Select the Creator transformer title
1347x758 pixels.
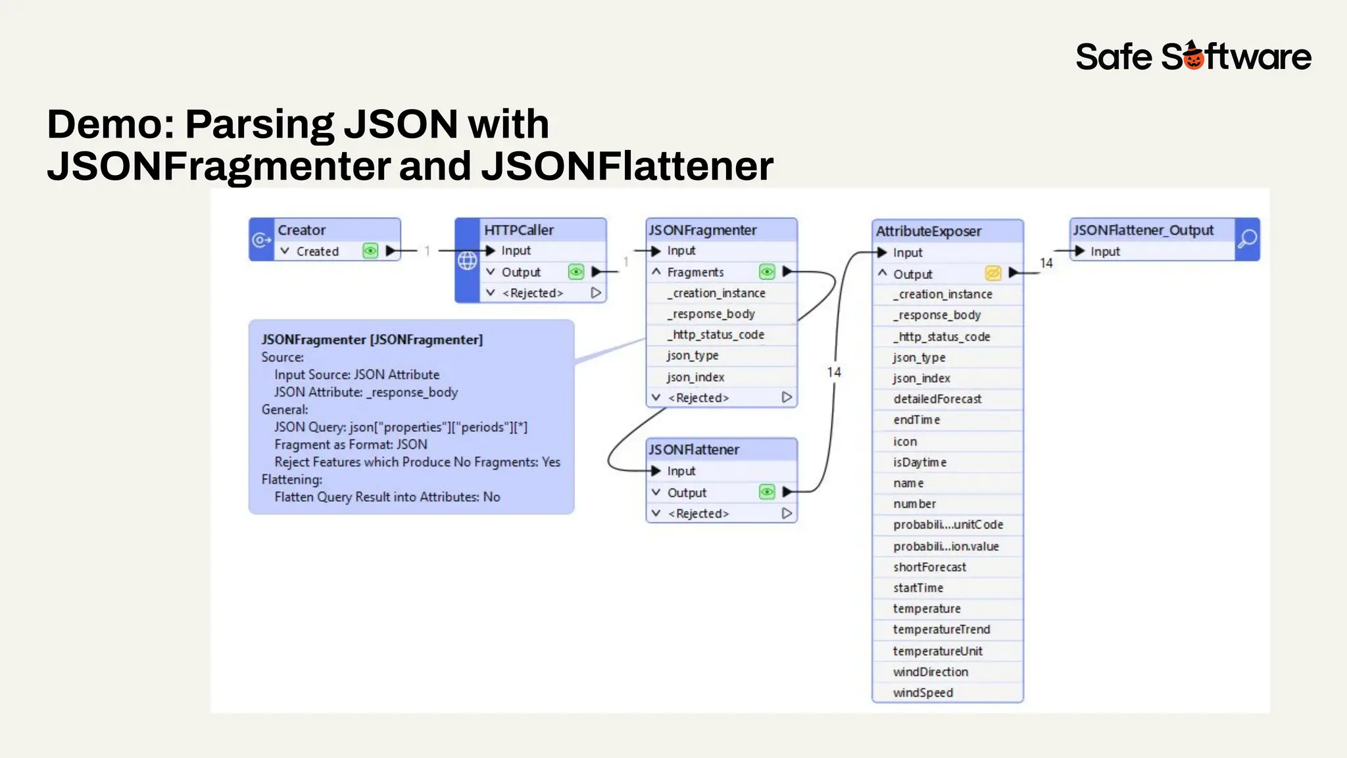(302, 230)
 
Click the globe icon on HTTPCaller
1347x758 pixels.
(467, 261)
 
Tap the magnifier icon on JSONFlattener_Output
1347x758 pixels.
(1247, 239)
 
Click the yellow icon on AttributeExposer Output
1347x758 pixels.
(992, 273)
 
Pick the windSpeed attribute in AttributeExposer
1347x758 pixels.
(923, 693)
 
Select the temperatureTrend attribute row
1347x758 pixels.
(941, 630)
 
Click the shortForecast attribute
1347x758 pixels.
(929, 567)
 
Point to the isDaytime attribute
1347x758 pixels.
(919, 463)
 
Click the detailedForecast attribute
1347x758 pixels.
(937, 399)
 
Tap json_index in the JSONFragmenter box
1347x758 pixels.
(695, 377)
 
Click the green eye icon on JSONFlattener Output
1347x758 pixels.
(767, 492)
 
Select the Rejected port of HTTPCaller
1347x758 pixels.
(533, 293)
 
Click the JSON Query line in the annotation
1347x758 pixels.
(401, 427)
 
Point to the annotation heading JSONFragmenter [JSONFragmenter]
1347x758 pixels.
(372, 340)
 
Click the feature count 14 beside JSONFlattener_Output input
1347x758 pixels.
(1046, 263)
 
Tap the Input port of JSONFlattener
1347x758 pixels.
(681, 471)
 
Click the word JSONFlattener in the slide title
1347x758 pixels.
(627, 166)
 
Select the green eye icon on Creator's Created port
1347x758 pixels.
(370, 251)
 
